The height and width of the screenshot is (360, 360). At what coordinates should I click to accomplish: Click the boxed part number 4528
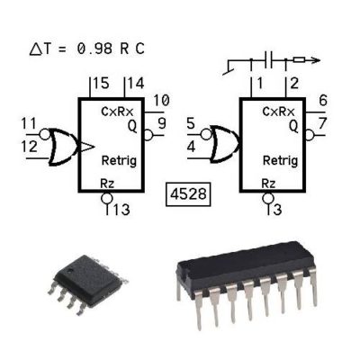click(x=188, y=194)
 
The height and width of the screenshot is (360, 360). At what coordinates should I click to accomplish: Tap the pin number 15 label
click(x=101, y=83)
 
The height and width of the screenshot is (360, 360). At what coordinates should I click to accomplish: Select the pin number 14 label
click(x=136, y=83)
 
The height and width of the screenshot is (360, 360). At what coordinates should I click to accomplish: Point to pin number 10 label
click(x=161, y=101)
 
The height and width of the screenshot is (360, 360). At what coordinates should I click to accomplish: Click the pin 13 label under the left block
click(x=121, y=210)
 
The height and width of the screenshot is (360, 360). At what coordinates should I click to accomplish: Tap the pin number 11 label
click(x=29, y=123)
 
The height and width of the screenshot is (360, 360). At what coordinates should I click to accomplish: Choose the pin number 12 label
click(x=30, y=147)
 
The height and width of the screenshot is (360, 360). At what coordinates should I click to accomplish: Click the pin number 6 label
click(x=323, y=101)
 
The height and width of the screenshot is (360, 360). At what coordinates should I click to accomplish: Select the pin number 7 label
click(x=323, y=123)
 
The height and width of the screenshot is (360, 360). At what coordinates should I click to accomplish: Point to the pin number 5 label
click(x=191, y=123)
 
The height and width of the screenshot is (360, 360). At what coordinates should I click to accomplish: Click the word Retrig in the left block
click(x=119, y=160)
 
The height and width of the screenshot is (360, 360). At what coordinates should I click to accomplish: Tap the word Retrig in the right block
click(x=281, y=160)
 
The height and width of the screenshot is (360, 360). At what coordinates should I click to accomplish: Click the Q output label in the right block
click(x=293, y=127)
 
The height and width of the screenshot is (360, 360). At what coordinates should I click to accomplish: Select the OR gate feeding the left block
click(x=63, y=147)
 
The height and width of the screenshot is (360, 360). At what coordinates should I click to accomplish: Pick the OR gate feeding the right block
click(x=224, y=144)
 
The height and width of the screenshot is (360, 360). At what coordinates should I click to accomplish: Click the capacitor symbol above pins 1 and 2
click(x=268, y=60)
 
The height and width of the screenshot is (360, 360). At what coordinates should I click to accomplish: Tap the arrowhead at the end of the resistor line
click(x=315, y=60)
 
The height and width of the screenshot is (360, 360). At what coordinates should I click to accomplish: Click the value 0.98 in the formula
click(x=94, y=49)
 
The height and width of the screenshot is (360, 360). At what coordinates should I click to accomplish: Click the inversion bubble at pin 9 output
click(x=148, y=135)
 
